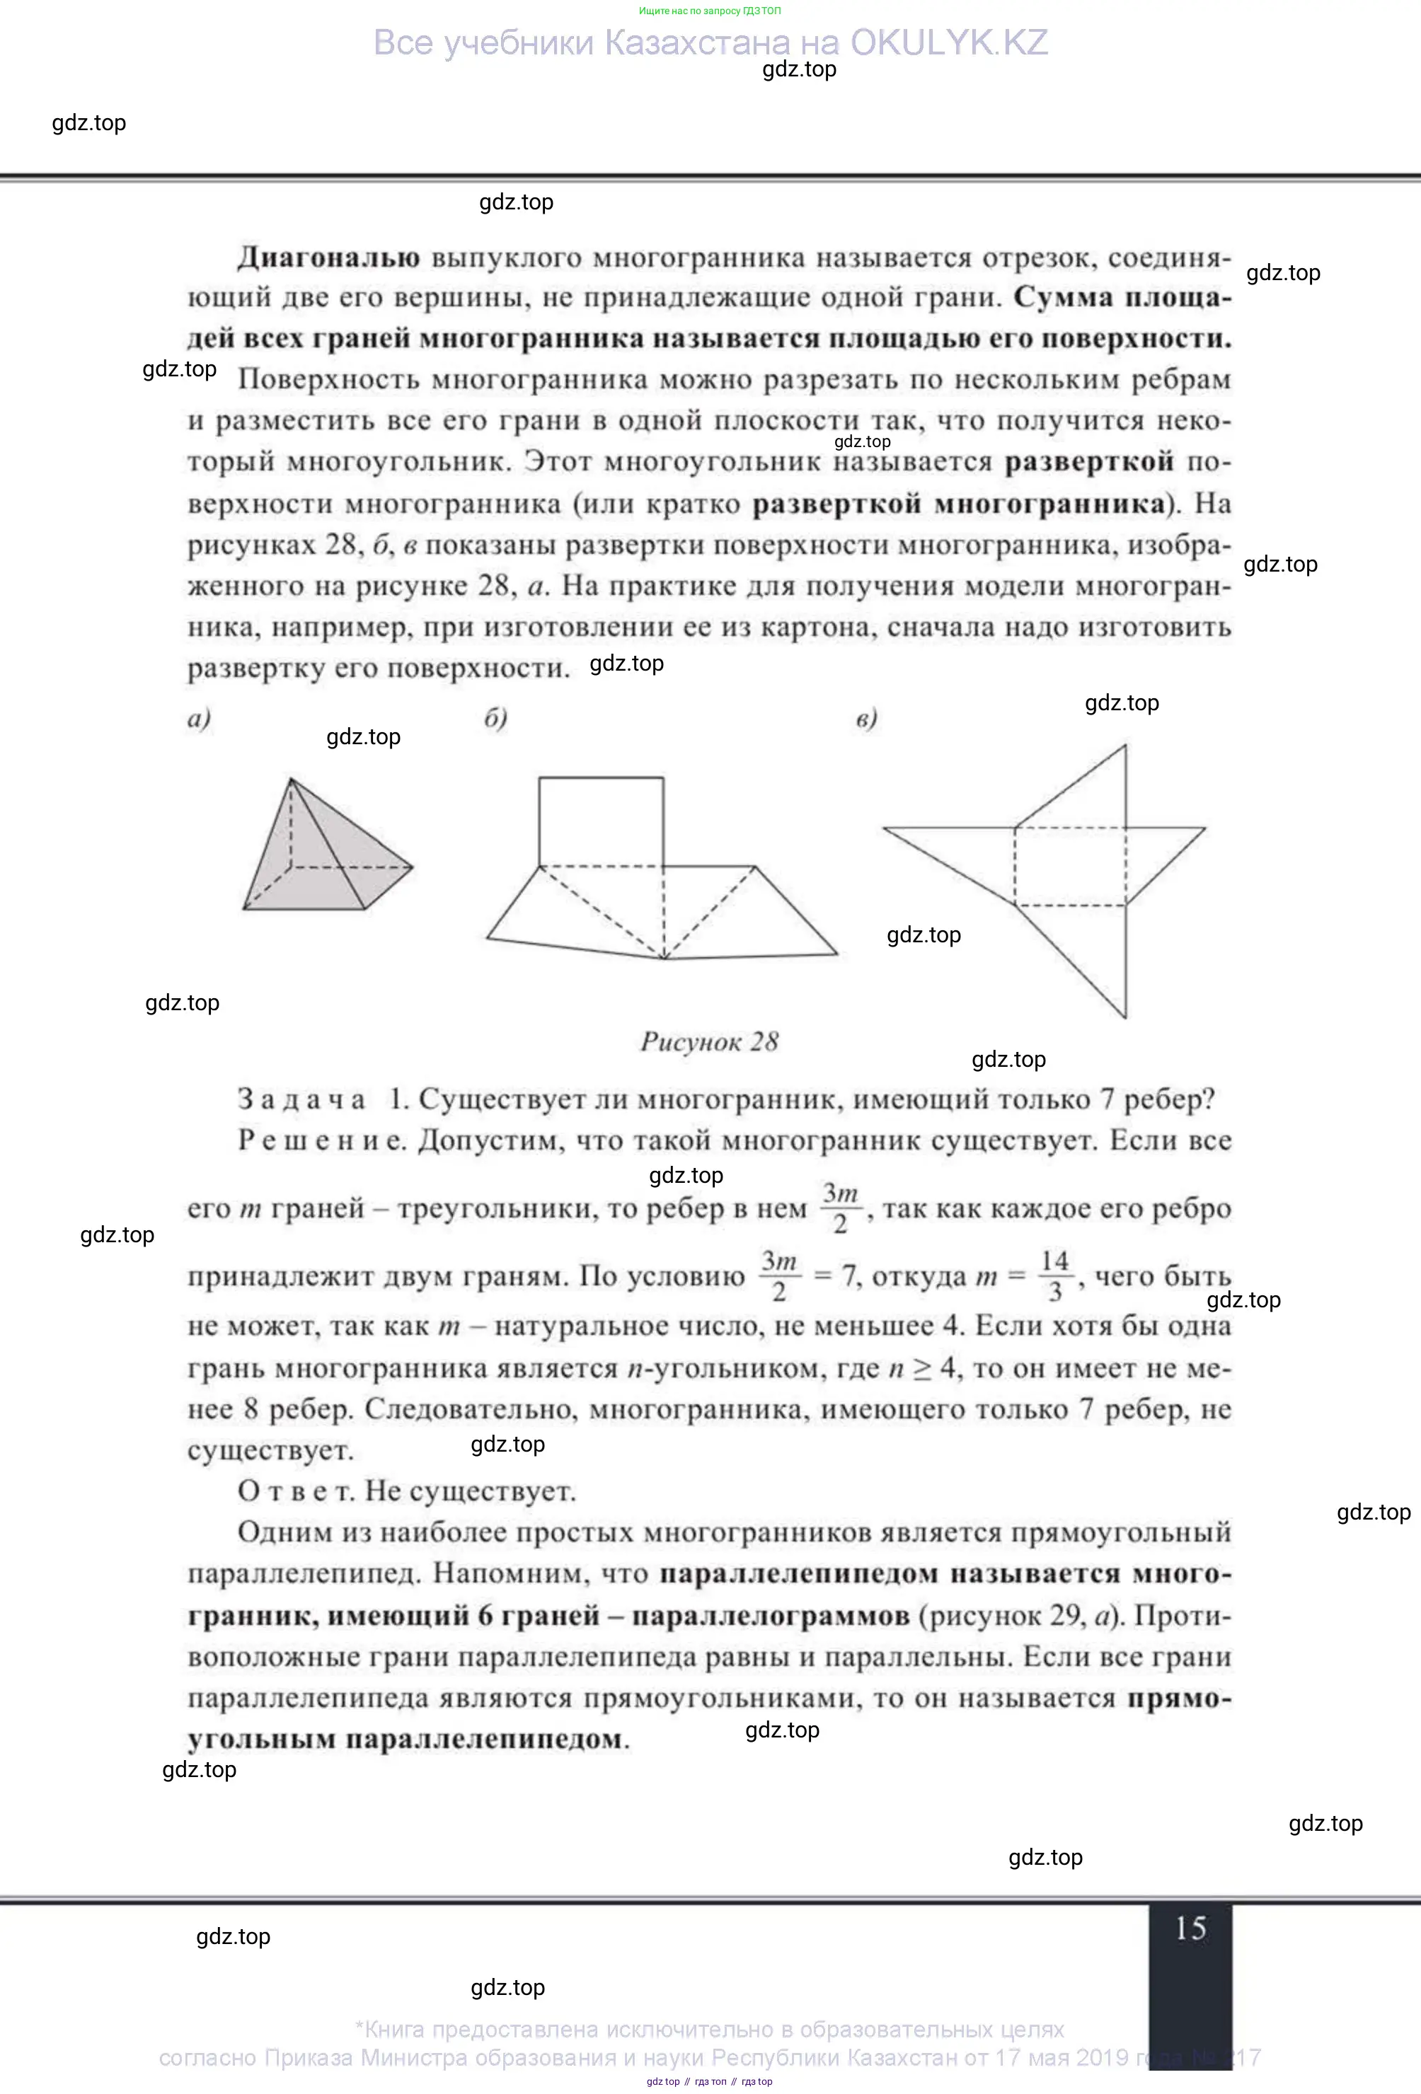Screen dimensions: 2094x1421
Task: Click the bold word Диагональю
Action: coord(328,258)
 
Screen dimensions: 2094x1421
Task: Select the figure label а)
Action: coord(199,718)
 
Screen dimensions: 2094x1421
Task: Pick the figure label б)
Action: coord(495,718)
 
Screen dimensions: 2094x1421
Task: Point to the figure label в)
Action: coord(866,719)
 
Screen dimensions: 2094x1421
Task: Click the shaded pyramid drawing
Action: coord(316,856)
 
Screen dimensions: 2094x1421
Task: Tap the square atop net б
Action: coord(601,822)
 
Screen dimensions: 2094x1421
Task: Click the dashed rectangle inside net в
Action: coord(1069,866)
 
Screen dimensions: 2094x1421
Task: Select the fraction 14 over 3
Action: coord(1054,1276)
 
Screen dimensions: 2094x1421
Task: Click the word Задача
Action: coord(302,1099)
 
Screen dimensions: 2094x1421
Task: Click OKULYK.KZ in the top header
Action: coord(949,42)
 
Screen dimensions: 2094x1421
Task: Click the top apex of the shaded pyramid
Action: coord(290,780)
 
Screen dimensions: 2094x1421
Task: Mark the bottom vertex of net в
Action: coord(1125,1017)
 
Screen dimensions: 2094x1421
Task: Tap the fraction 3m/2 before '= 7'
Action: coord(778,1276)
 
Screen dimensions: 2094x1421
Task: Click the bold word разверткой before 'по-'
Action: coord(1088,461)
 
